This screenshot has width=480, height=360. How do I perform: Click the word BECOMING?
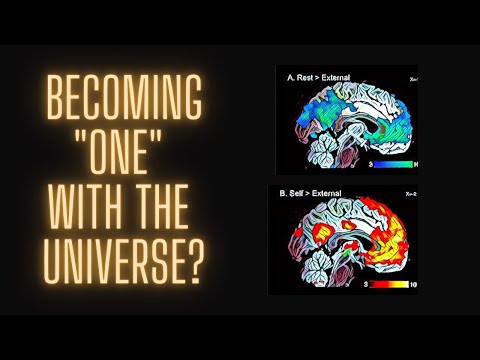tap(122, 105)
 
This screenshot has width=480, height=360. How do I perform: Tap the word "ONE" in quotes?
tap(123, 155)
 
